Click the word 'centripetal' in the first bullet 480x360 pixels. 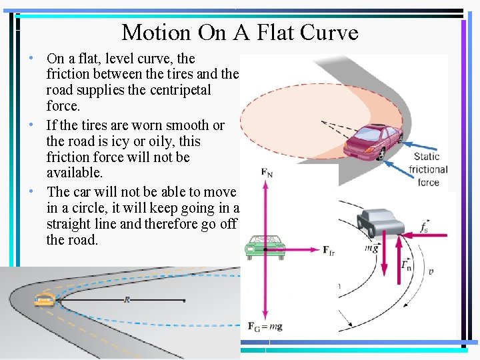tap(177, 89)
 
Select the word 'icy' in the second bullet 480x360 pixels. tap(121, 141)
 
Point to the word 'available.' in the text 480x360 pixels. tap(75, 173)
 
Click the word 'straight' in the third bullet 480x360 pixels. tap(70, 224)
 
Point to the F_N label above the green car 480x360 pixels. tap(266, 173)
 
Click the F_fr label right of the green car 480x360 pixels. tap(329, 250)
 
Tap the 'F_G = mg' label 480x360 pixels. tap(266, 327)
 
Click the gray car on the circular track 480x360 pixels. tap(380, 222)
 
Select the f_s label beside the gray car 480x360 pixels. tap(424, 227)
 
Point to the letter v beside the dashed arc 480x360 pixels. tap(431, 271)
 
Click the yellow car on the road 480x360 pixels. tap(45, 299)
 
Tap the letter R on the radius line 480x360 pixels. tap(127, 300)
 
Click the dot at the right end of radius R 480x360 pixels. tap(185, 303)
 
